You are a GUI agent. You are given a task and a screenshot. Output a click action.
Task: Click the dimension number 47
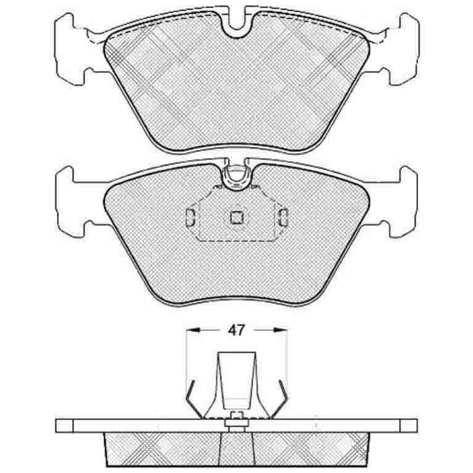(x=236, y=330)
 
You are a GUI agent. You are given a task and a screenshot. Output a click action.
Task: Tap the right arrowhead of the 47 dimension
(x=280, y=330)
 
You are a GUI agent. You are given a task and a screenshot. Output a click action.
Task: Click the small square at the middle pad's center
(x=237, y=217)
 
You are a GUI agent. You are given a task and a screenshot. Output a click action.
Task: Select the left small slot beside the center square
(x=191, y=217)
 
